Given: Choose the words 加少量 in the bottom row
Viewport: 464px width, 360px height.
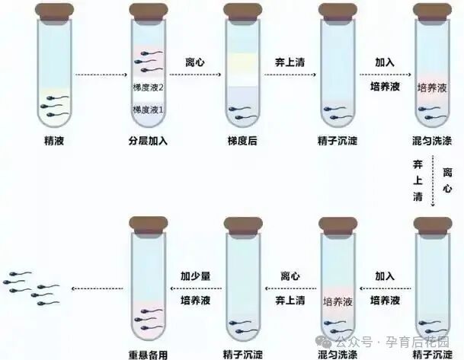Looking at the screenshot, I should coord(195,276).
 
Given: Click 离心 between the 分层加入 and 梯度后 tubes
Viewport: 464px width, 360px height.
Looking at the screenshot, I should coord(195,62).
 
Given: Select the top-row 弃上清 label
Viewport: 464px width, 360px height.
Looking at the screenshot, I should coord(290,62).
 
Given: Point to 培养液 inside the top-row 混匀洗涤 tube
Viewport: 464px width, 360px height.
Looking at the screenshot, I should coord(432,88).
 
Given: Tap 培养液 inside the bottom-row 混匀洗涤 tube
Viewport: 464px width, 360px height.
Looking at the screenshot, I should coord(338,301).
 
